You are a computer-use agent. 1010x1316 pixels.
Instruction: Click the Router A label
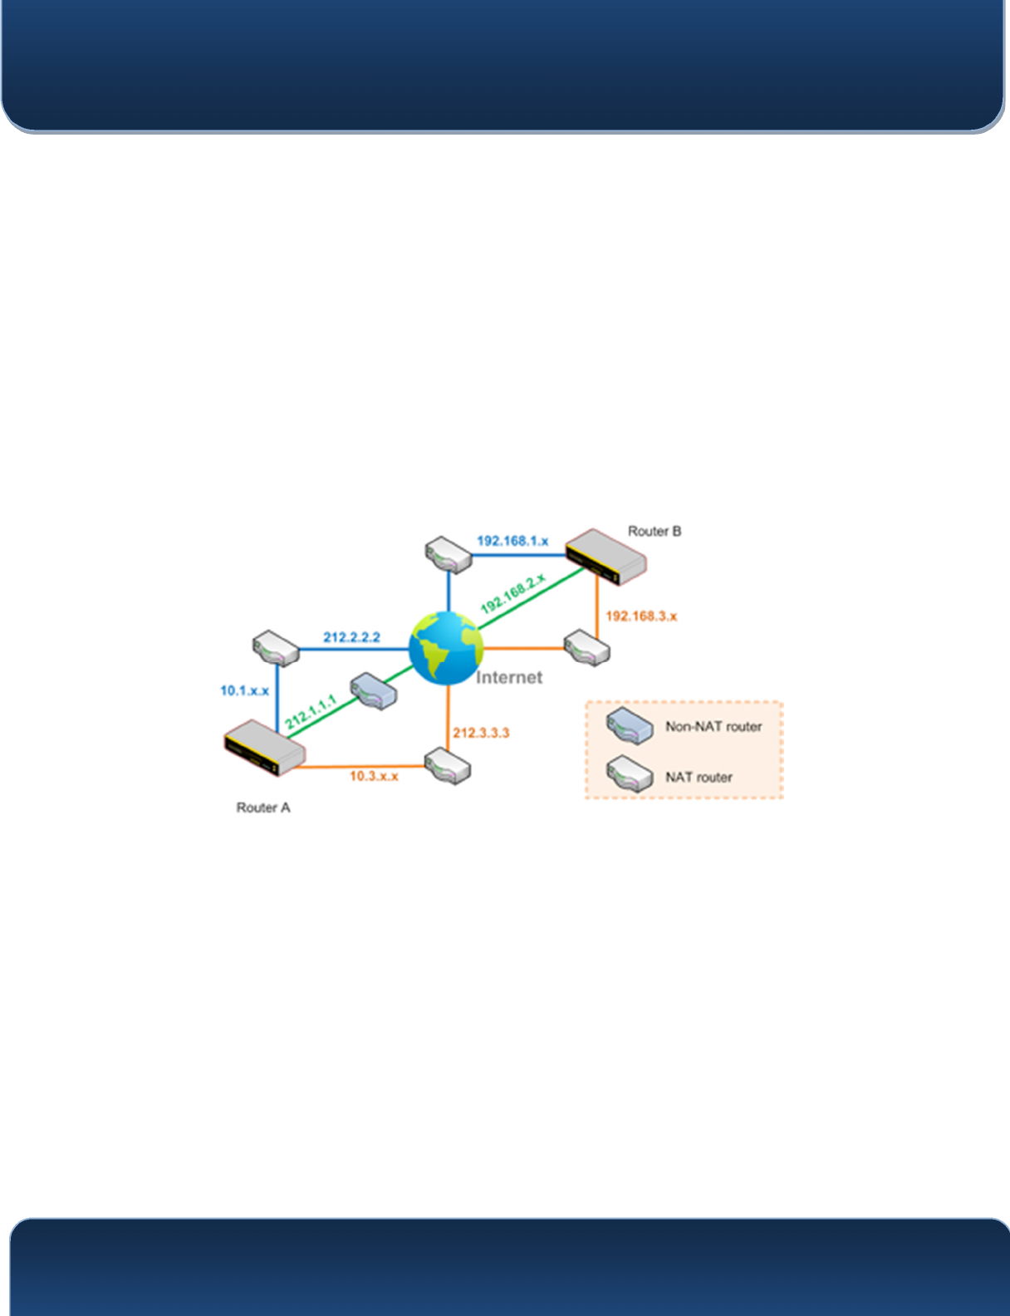(x=263, y=808)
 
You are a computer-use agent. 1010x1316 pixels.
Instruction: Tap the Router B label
(x=655, y=532)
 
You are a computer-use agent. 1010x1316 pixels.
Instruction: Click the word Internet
(x=509, y=678)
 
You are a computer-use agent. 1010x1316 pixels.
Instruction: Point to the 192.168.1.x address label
(x=512, y=541)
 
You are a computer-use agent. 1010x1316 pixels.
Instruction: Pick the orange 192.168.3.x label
(x=641, y=616)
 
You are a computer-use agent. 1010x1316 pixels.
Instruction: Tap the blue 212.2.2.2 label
(x=351, y=637)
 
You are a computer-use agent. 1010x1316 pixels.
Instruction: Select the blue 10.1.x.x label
(x=244, y=690)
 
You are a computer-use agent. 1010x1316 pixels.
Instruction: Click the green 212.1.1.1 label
(x=311, y=712)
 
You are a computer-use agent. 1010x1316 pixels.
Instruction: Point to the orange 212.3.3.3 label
(x=481, y=733)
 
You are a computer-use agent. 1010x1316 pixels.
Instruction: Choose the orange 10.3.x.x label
(x=374, y=776)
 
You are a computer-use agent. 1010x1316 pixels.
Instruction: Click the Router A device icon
(x=264, y=748)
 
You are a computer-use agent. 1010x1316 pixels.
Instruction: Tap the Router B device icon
(x=606, y=557)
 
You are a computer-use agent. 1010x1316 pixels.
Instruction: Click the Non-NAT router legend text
(x=713, y=727)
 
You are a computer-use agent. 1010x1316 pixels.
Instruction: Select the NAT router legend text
(x=699, y=778)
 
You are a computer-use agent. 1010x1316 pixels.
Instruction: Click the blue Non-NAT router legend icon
(x=630, y=725)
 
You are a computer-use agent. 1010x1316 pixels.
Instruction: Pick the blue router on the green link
(x=374, y=690)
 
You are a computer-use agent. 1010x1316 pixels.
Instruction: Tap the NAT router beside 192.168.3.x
(x=586, y=648)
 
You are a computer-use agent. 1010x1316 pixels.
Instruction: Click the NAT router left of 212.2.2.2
(x=276, y=648)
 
